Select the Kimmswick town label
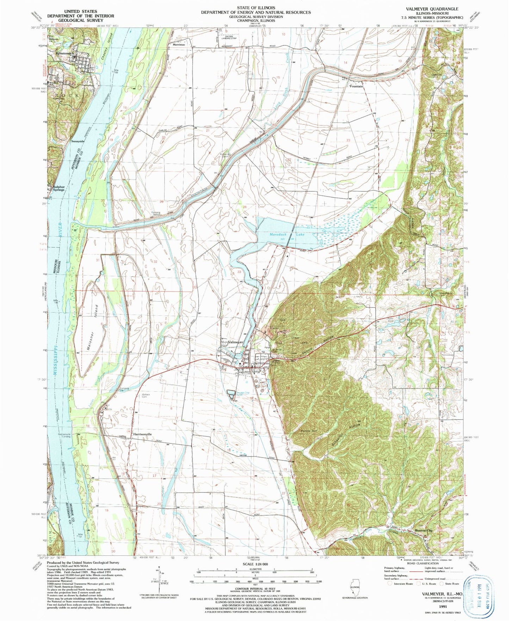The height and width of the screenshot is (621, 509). pyautogui.click(x=65, y=53)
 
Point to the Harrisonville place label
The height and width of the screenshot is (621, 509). pyautogui.click(x=143, y=434)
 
